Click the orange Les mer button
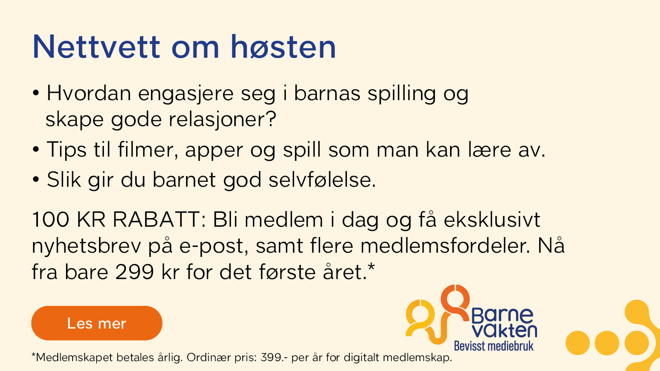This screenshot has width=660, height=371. [97, 323]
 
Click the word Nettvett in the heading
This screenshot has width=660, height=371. [97, 47]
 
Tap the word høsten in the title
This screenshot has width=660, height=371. [283, 47]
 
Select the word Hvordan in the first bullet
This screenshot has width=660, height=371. [89, 93]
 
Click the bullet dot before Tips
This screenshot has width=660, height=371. [35, 149]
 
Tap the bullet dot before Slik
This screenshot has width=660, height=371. [35, 179]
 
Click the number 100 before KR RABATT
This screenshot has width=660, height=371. [51, 220]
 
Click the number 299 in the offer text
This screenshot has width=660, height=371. [134, 272]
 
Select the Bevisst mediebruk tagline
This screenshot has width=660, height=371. [494, 346]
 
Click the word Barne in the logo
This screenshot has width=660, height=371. [502, 315]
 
